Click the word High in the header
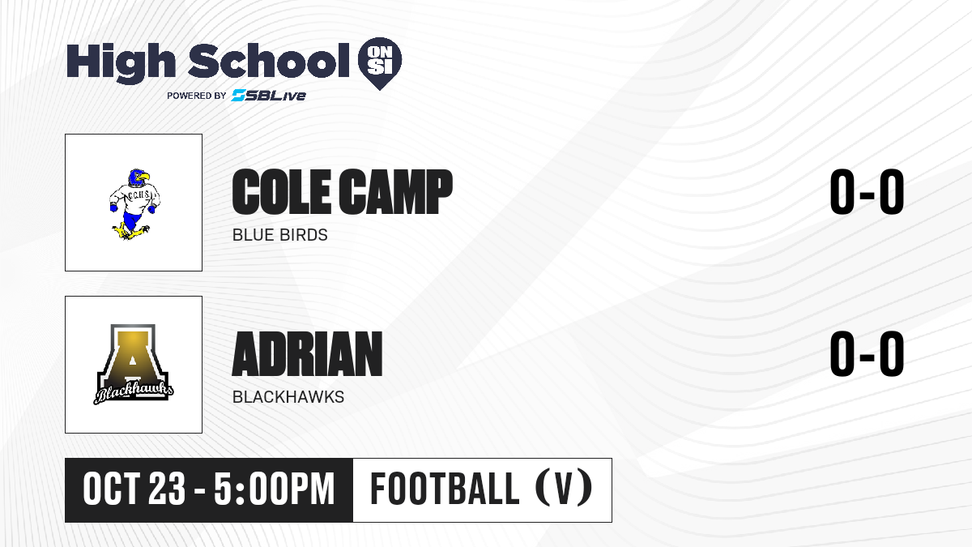click(x=121, y=63)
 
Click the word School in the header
click(x=269, y=61)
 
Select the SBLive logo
click(x=269, y=96)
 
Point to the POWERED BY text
click(x=197, y=96)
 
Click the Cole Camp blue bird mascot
click(x=134, y=204)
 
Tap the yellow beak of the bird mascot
click(x=143, y=177)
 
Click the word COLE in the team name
click(x=281, y=191)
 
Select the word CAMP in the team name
click(x=396, y=191)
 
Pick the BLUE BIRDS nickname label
click(x=280, y=235)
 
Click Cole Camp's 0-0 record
click(x=867, y=191)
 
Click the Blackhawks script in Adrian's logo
click(x=134, y=392)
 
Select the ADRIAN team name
click(x=307, y=354)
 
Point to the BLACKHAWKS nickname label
click(x=288, y=397)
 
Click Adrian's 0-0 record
click(x=867, y=354)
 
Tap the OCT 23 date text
click(x=134, y=489)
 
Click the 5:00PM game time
click(x=275, y=489)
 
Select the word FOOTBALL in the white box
click(x=445, y=489)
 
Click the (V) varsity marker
click(x=564, y=489)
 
